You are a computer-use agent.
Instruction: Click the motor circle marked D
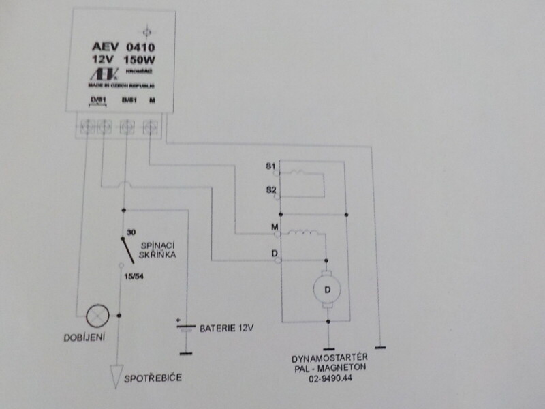click(x=327, y=289)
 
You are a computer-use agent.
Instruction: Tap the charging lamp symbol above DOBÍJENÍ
click(x=95, y=314)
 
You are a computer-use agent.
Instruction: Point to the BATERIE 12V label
click(x=227, y=328)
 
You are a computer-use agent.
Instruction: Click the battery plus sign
click(x=178, y=318)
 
